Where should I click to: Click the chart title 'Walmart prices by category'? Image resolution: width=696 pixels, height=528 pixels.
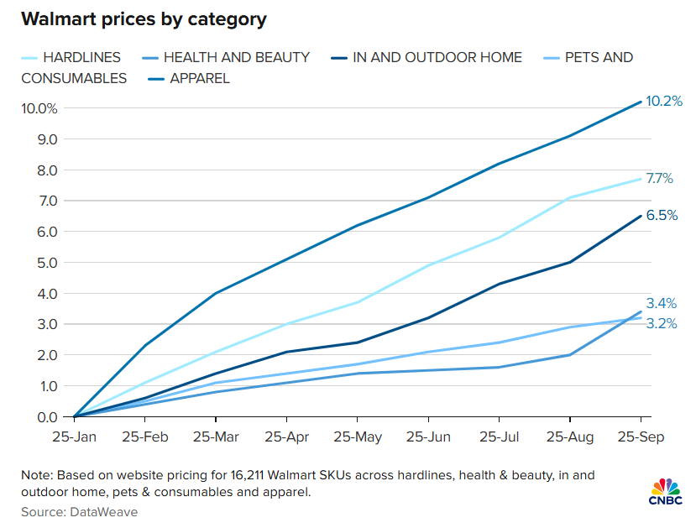(x=144, y=18)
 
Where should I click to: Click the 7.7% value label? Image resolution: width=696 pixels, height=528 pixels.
(x=660, y=179)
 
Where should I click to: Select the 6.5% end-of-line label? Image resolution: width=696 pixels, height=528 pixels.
(x=662, y=215)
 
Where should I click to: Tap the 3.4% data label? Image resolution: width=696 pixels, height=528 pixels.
(x=661, y=304)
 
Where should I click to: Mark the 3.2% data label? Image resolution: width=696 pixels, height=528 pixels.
(x=661, y=323)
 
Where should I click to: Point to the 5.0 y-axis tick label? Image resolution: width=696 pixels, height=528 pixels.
(x=47, y=263)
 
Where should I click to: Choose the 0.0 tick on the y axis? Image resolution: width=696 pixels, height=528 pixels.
(x=47, y=417)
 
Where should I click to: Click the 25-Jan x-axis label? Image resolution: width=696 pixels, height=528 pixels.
(x=74, y=438)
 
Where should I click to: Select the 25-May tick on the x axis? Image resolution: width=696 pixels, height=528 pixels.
(x=358, y=438)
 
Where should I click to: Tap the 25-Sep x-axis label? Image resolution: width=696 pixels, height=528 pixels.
(x=641, y=438)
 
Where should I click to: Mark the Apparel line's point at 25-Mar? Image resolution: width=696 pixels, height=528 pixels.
(x=216, y=293)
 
